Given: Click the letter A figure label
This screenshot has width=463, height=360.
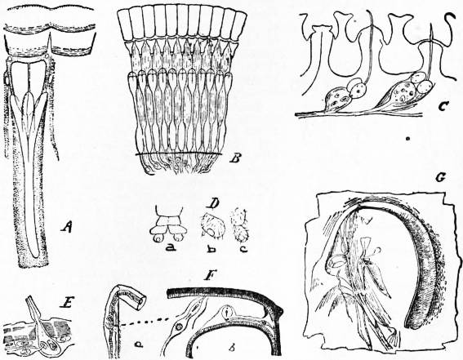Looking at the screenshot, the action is (x=67, y=227).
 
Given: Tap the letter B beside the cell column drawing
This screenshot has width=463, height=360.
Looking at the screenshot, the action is (x=234, y=158).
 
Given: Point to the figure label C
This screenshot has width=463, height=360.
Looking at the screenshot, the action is (x=443, y=105).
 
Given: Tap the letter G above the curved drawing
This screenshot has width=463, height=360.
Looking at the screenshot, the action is (x=440, y=177).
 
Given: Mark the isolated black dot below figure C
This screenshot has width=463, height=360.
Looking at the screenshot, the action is (x=407, y=138).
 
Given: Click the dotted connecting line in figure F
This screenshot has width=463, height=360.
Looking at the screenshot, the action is (x=144, y=322).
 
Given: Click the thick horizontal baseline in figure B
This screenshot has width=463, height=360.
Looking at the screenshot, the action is (x=178, y=154).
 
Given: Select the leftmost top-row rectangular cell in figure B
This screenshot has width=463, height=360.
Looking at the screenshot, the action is (x=124, y=24).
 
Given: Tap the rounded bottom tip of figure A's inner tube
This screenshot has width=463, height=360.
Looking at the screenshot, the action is (x=35, y=256).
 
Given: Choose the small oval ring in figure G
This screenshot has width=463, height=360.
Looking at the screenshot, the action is (x=335, y=261).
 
